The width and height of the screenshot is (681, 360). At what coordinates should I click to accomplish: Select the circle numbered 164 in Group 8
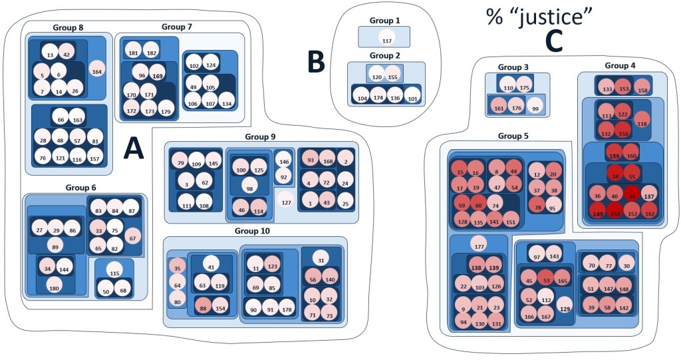pyautogui.click(x=97, y=71)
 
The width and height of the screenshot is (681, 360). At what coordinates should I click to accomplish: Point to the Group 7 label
pyautogui.click(x=176, y=27)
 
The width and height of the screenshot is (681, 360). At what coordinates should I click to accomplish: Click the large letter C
pyautogui.click(x=553, y=41)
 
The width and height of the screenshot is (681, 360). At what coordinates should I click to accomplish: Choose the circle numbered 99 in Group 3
pyautogui.click(x=534, y=107)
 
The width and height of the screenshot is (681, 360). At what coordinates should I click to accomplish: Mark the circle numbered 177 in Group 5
pyautogui.click(x=477, y=245)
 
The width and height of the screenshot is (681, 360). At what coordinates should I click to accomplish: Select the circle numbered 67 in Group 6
pyautogui.click(x=132, y=237)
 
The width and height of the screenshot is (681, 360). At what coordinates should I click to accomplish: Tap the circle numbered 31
pyautogui.click(x=321, y=260)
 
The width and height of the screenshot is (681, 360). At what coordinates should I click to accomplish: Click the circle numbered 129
pyautogui.click(x=565, y=308)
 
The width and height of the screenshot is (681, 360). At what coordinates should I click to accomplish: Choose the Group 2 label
pyautogui.click(x=386, y=56)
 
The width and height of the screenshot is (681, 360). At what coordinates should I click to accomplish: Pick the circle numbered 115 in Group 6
pyautogui.click(x=114, y=273)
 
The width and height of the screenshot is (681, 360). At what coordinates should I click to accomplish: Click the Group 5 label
pyautogui.click(x=512, y=136)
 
